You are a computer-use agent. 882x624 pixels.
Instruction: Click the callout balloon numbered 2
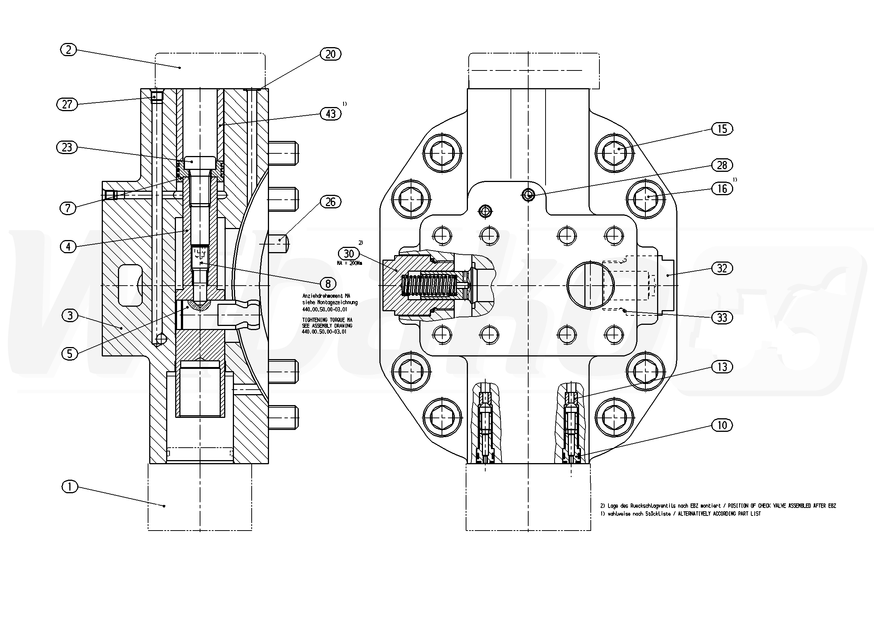69,50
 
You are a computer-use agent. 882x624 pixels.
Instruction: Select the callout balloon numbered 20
330,54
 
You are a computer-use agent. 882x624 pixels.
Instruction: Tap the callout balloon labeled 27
67,104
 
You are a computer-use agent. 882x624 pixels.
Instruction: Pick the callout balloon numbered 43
330,114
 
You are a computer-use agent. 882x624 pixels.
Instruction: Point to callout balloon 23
67,147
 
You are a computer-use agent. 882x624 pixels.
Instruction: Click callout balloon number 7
68,208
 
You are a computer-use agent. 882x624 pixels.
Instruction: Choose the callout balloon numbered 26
330,202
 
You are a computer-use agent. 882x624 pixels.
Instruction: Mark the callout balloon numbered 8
328,284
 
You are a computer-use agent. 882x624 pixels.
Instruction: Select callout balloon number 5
70,353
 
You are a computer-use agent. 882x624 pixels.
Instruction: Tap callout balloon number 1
70,487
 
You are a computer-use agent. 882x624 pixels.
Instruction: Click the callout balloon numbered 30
349,254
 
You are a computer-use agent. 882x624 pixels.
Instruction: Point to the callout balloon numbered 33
722,317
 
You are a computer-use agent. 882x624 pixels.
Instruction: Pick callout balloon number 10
722,425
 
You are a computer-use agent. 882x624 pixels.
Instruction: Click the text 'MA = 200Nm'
349,263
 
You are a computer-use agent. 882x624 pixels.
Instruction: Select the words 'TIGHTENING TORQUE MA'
327,320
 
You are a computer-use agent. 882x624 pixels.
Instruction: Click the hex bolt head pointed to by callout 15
614,153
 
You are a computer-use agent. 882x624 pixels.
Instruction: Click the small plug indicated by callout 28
529,196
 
